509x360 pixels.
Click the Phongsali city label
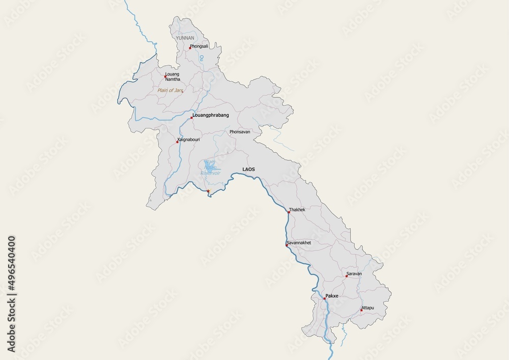pos(199,46)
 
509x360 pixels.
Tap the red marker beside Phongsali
pos(190,48)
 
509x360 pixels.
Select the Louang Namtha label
pos(173,76)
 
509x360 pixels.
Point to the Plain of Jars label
pos(170,90)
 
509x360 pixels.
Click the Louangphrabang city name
pos(211,115)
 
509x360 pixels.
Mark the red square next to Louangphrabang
pos(191,118)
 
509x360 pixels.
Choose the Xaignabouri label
pos(189,140)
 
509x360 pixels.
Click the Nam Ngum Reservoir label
pos(210,168)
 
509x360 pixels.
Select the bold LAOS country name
pos(249,169)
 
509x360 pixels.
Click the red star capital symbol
pos(208,191)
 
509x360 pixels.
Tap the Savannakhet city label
pos(299,242)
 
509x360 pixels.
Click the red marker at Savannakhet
pos(287,245)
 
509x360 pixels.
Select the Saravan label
pos(354,273)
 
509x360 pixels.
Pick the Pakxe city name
pos(332,295)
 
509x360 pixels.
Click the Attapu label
pos(367,308)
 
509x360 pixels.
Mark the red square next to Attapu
pos(361,310)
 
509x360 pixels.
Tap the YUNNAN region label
pos(185,38)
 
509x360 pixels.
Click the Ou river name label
pos(202,59)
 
